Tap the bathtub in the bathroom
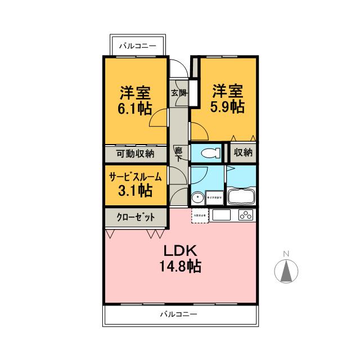click(x=241, y=197)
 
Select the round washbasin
click(x=197, y=198)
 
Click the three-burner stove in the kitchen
click(x=246, y=214)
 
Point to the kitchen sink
click(x=220, y=215)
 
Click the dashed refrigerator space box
click(x=200, y=215)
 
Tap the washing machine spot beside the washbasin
click(x=217, y=197)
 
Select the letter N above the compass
click(x=286, y=254)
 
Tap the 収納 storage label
click(x=243, y=152)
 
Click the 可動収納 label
click(x=135, y=153)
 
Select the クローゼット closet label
click(x=135, y=216)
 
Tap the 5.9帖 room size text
click(x=227, y=106)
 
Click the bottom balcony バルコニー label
click(x=179, y=314)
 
